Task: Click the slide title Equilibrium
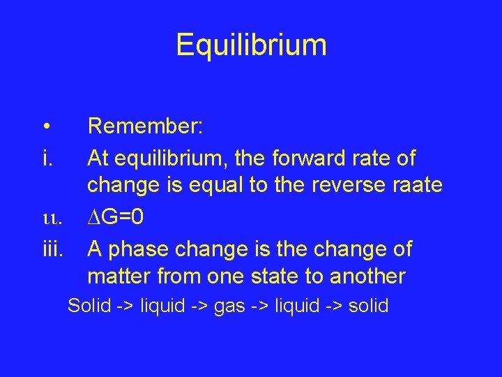pyautogui.click(x=251, y=44)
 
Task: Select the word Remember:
pyautogui.click(x=145, y=127)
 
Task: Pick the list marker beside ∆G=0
pyautogui.click(x=52, y=218)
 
